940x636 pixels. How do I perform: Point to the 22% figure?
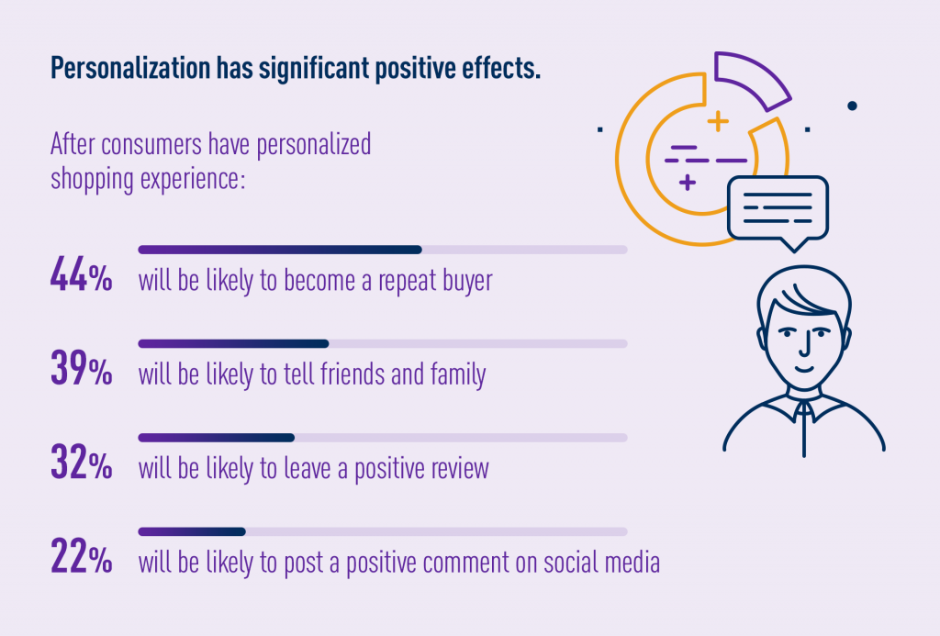[81, 559]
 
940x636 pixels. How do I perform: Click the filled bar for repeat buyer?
[279, 249]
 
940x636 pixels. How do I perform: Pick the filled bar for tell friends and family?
[233, 343]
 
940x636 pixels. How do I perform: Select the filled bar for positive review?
[216, 437]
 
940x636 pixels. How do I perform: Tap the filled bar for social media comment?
[191, 531]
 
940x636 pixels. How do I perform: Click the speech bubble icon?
[777, 208]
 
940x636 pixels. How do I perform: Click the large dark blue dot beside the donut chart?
[853, 106]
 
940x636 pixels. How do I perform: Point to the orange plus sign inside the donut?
[718, 120]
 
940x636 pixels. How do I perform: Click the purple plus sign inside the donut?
[687, 183]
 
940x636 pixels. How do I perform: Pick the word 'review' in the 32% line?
[458, 469]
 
